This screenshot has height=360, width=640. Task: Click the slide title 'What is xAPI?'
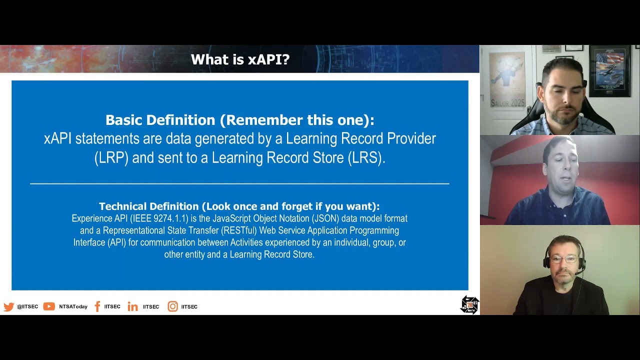(x=240, y=59)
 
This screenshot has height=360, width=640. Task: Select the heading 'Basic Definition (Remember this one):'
(x=239, y=120)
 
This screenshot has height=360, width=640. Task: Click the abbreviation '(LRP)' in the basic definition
(x=111, y=158)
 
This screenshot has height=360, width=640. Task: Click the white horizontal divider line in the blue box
(x=239, y=184)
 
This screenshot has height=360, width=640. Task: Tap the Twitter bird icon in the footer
(x=8, y=306)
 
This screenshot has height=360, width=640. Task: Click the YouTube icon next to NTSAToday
(x=49, y=306)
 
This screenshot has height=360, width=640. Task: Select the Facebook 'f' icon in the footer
(x=97, y=306)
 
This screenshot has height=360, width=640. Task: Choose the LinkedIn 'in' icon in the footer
(x=132, y=306)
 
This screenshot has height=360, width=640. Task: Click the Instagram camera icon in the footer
(x=172, y=306)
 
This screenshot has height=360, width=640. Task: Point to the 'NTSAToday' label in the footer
(x=73, y=306)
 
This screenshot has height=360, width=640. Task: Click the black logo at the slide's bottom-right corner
(x=469, y=304)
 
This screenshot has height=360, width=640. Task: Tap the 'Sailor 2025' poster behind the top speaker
(x=506, y=80)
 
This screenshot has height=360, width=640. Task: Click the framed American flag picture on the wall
(x=609, y=70)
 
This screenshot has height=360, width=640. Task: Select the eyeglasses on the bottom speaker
(x=563, y=260)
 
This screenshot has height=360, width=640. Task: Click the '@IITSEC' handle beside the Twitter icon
(x=27, y=306)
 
